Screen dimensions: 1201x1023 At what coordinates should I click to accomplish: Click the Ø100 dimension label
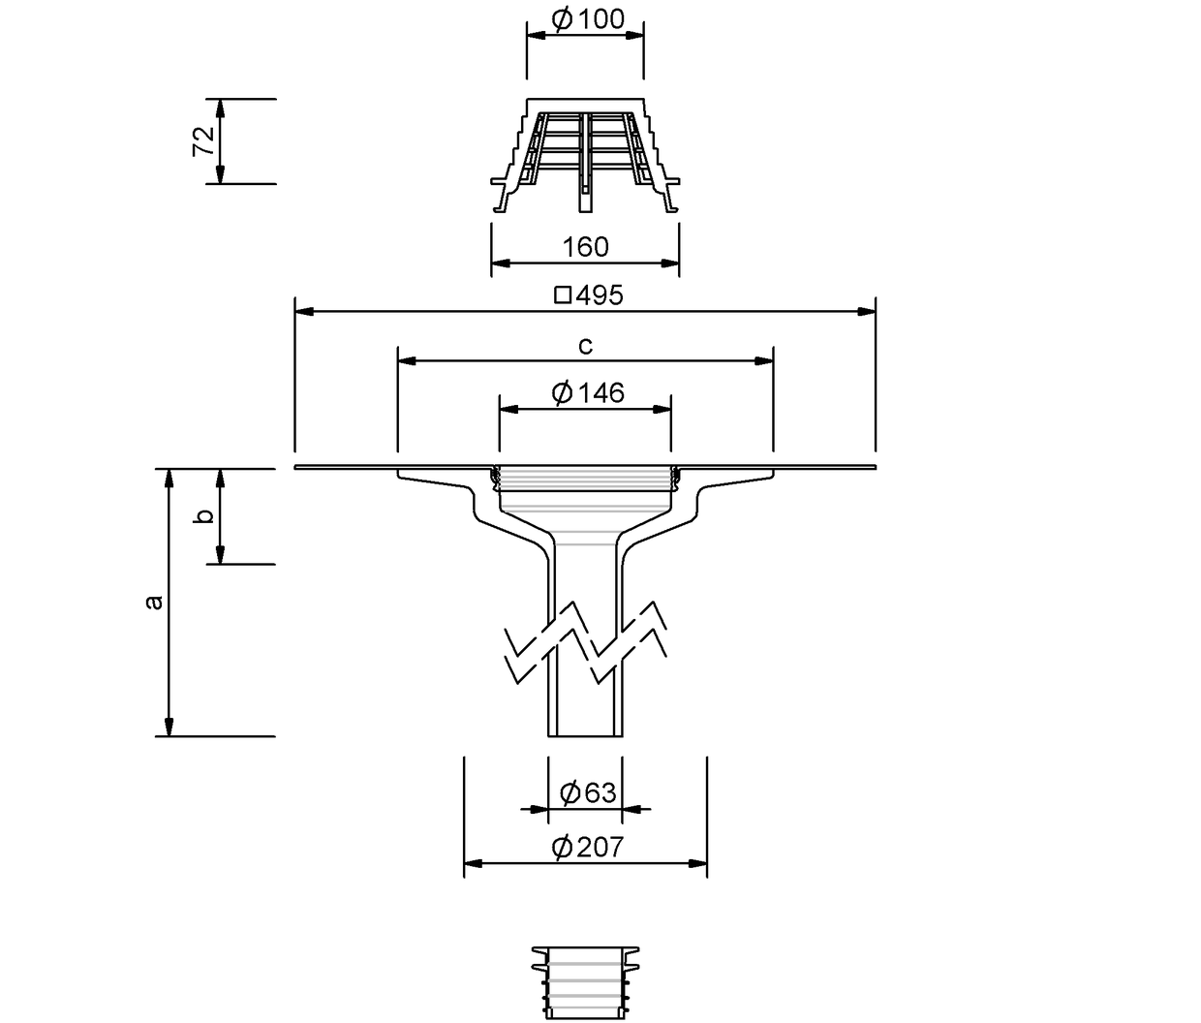tap(588, 19)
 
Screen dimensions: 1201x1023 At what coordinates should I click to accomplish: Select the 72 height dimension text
tap(203, 141)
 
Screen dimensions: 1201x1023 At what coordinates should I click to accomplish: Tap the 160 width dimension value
tap(586, 247)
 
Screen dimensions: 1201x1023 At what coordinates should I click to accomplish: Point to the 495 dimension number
tap(600, 295)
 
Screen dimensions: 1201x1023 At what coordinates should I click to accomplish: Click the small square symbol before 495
tap(563, 295)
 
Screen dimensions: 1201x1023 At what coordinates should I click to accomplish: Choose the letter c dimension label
tap(586, 346)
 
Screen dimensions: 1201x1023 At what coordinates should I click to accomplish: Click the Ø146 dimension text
tap(588, 393)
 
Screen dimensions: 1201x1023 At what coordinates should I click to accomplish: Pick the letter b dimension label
tap(203, 515)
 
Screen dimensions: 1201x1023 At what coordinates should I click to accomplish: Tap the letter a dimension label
tap(153, 603)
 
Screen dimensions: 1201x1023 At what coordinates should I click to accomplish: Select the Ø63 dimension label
tap(588, 792)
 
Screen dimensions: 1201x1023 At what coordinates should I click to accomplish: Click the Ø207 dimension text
tap(588, 847)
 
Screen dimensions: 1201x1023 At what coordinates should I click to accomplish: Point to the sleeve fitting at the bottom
tap(586, 982)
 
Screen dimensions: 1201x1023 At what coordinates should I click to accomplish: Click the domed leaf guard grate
tap(586, 155)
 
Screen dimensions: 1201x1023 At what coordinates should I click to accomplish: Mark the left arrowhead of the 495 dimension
tap(304, 312)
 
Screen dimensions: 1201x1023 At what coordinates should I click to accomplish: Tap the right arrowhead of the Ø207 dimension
tap(697, 864)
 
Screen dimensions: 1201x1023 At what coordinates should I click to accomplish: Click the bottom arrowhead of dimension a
tap(169, 727)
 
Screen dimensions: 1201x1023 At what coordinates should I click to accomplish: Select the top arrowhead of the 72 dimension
tap(220, 108)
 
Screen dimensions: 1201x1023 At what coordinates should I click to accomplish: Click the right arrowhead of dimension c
tap(763, 361)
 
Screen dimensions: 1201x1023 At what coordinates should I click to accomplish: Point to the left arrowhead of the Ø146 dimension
tap(509, 409)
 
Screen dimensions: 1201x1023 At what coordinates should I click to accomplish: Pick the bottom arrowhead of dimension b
tap(220, 554)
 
